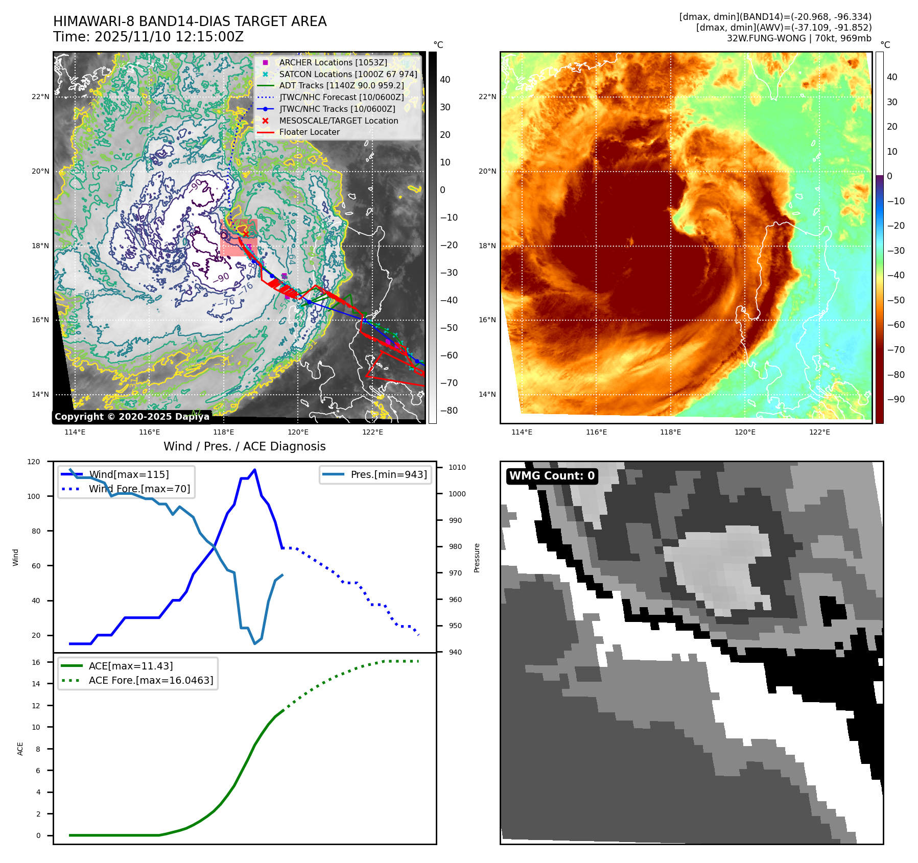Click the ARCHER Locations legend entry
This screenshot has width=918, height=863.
click(x=333, y=62)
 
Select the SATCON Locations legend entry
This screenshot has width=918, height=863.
click(x=347, y=74)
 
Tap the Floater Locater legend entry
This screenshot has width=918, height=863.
click(x=309, y=132)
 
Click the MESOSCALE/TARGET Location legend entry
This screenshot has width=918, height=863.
click(x=338, y=121)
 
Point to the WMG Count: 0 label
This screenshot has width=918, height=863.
click(x=552, y=476)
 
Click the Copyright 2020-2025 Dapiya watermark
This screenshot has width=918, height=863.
click(x=132, y=417)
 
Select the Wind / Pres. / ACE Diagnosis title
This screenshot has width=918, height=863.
click(x=244, y=446)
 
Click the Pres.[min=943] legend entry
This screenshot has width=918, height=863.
click(x=388, y=474)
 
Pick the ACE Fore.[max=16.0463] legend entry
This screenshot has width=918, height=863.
click(x=151, y=680)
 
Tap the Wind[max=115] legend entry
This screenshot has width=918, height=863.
click(x=129, y=474)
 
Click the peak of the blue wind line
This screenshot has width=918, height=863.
click(x=254, y=470)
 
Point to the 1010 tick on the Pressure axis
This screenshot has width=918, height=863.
click(x=457, y=467)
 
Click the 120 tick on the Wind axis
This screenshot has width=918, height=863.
click(x=34, y=462)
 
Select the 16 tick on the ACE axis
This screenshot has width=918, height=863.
click(x=36, y=662)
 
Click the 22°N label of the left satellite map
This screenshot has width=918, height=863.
click(x=40, y=97)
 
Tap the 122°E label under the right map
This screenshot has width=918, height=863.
click(x=819, y=432)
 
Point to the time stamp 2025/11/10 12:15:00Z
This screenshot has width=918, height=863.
click(x=169, y=37)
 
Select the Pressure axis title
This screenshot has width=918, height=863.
click(x=477, y=558)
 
